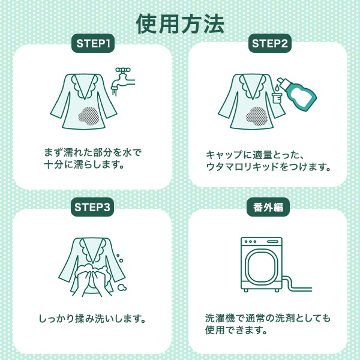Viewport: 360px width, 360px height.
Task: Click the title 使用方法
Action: pos(180,24)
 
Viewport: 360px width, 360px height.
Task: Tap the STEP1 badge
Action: pos(93,43)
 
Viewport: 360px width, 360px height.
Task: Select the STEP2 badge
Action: pos(270,43)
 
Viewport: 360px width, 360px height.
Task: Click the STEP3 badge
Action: pos(92,207)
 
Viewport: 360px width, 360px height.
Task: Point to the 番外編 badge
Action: pos(268,207)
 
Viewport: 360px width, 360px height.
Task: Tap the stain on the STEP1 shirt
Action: pos(89,116)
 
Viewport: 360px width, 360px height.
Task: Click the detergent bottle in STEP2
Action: pos(296,92)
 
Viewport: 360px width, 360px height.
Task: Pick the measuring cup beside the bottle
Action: pos(277,97)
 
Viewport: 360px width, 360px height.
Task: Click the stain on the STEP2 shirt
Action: pos(257,116)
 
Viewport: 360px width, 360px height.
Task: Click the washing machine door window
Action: pos(261,267)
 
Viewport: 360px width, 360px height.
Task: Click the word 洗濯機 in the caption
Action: pos(220,318)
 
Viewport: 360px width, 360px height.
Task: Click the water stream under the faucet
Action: pos(115,91)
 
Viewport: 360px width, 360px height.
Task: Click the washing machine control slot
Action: pos(272,242)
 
